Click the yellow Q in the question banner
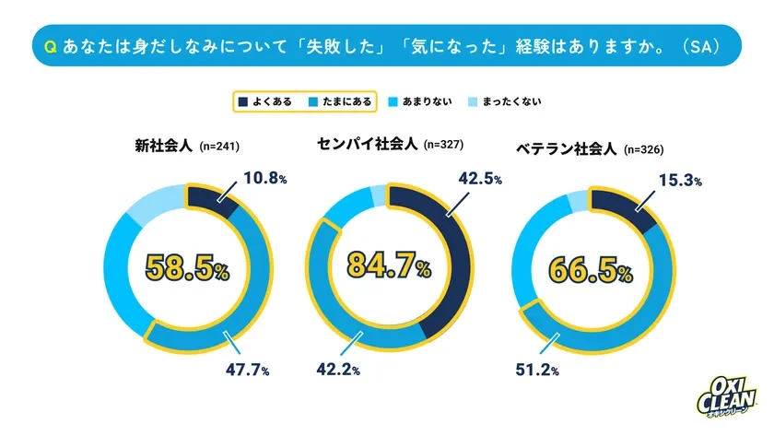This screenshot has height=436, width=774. pyautogui.click(x=44, y=45)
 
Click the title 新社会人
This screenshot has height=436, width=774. pyautogui.click(x=163, y=146)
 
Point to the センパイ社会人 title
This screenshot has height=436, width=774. pyautogui.click(x=366, y=144)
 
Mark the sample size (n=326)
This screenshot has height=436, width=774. pyautogui.click(x=643, y=149)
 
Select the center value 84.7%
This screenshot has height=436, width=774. pyautogui.click(x=388, y=266)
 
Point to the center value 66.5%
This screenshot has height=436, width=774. pyautogui.click(x=591, y=271)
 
